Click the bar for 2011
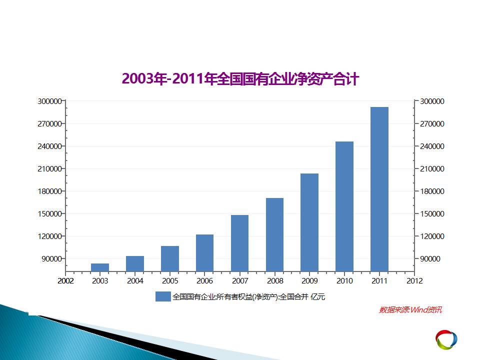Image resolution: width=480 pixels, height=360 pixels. click(379, 189)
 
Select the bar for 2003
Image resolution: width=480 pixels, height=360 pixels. click(100, 267)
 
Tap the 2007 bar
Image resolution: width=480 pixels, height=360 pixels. click(239, 243)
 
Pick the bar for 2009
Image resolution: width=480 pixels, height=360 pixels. click(309, 222)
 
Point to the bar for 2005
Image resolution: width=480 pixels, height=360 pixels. click(170, 258)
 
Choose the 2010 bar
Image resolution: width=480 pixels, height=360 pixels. click(344, 206)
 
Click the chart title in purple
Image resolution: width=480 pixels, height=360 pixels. click(240, 78)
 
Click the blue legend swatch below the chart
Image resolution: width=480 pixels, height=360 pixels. click(163, 296)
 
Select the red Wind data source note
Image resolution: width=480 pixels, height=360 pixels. click(410, 310)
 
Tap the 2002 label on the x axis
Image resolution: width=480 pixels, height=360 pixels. click(65, 280)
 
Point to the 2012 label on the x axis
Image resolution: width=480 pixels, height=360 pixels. click(414, 280)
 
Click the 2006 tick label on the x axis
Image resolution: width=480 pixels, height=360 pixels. click(204, 280)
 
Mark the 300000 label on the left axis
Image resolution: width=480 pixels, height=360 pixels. click(49, 101)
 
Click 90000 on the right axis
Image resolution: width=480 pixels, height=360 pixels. click(430, 258)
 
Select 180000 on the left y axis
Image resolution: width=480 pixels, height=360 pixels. click(49, 191)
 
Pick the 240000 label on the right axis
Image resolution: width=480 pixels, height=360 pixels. click(432, 146)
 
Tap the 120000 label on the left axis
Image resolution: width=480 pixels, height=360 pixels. click(49, 236)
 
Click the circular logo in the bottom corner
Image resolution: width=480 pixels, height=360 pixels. click(446, 339)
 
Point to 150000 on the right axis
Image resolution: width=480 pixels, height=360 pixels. click(432, 213)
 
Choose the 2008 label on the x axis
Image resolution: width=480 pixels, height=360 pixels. click(275, 280)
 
